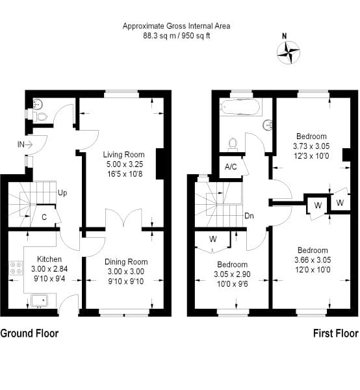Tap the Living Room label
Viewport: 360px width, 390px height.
121,154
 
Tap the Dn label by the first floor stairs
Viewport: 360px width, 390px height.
249,216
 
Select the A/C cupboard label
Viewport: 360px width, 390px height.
230,167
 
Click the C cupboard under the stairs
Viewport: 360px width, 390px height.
44,217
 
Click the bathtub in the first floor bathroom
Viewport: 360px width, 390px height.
238,106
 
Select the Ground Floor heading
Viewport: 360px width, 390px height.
30,333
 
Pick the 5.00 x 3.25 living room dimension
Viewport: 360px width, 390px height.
121,164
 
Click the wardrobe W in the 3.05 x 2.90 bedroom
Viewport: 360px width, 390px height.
212,239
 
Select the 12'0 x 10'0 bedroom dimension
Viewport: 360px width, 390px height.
313,270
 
